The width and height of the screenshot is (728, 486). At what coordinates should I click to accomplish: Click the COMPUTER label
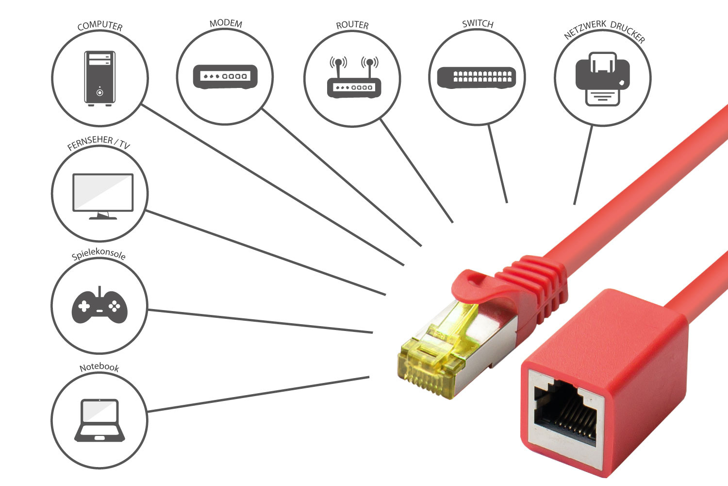pos(100,25)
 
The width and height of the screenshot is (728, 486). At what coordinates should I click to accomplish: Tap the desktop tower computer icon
pos(99,78)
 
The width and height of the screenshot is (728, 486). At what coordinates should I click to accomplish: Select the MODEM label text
pos(226,23)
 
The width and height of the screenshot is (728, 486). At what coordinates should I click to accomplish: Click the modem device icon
pos(225,76)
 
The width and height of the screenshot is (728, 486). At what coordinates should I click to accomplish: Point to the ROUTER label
pos(352,25)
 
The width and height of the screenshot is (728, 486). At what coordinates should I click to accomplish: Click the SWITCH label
pos(478,23)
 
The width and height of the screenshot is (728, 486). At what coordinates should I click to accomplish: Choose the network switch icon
pos(477,77)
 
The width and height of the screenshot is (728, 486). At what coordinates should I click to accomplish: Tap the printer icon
pos(602,79)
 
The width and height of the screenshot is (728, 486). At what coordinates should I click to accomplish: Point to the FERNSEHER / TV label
pos(99,143)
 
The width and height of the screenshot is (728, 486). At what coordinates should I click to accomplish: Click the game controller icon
pos(99,306)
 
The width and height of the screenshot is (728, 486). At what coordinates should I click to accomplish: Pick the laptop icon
pos(99,420)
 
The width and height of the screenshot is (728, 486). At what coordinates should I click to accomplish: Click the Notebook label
pos(99,367)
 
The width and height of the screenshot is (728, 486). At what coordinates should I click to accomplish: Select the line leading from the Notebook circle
pos(257,394)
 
